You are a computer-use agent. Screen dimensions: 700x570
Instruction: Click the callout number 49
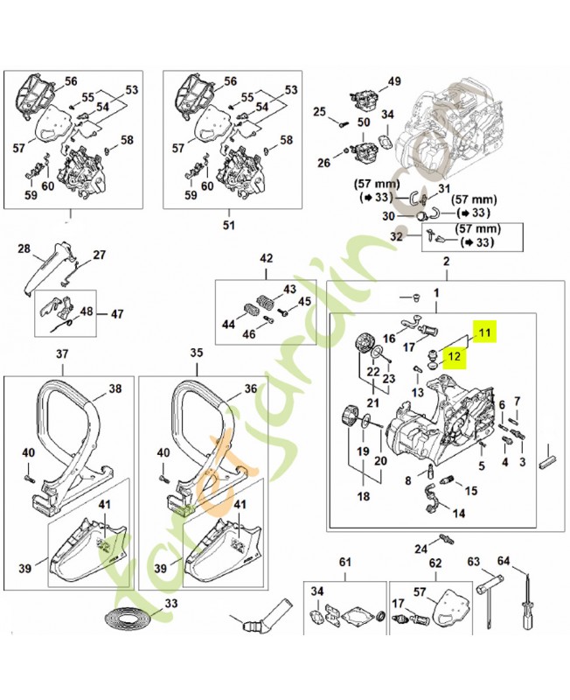[394, 81]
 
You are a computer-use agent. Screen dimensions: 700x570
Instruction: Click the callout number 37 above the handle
[61, 353]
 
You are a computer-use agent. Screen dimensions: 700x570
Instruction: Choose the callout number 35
[196, 353]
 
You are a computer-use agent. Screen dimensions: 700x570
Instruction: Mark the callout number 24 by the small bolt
[421, 549]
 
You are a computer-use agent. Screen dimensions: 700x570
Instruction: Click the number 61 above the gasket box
[344, 562]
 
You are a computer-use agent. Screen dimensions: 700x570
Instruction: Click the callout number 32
[395, 236]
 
